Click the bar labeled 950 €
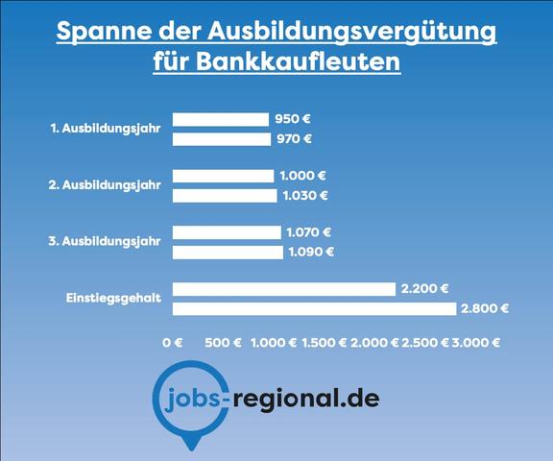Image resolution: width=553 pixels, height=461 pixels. (x=220, y=119)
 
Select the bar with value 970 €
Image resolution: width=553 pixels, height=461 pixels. (x=221, y=139)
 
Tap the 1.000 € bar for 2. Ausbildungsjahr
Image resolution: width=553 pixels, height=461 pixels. (x=223, y=176)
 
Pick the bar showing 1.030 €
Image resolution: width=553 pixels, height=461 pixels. (x=224, y=196)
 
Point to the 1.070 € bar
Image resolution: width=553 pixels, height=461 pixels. (x=227, y=232)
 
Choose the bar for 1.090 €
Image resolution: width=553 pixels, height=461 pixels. (x=228, y=253)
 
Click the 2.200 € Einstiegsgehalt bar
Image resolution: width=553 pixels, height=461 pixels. (x=283, y=289)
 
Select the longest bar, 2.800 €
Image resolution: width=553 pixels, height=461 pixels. (x=314, y=309)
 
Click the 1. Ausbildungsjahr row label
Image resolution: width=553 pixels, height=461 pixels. (x=106, y=127)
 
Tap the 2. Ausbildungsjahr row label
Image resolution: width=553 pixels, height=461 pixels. (x=106, y=183)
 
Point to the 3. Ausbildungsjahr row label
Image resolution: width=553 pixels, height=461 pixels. (x=106, y=240)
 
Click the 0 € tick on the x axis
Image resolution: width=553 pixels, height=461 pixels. (x=173, y=342)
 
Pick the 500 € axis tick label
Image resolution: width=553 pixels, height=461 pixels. (x=224, y=342)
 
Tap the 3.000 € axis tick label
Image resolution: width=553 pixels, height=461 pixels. (x=477, y=342)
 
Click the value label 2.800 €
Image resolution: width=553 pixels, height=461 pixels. (x=485, y=309)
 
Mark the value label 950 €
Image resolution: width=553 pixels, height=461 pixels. (x=294, y=119)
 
